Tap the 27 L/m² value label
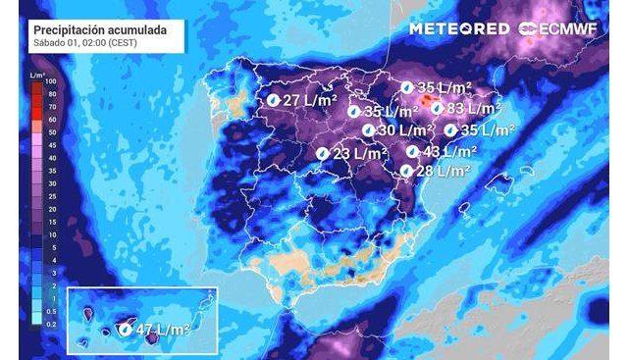[311, 100]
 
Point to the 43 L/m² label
[449, 151]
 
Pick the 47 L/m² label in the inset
[163, 330]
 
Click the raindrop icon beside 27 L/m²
[274, 100]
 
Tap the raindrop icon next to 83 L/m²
[437, 109]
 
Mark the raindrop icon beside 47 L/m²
[126, 330]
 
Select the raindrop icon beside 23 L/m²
[322, 153]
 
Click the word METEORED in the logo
[458, 28]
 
